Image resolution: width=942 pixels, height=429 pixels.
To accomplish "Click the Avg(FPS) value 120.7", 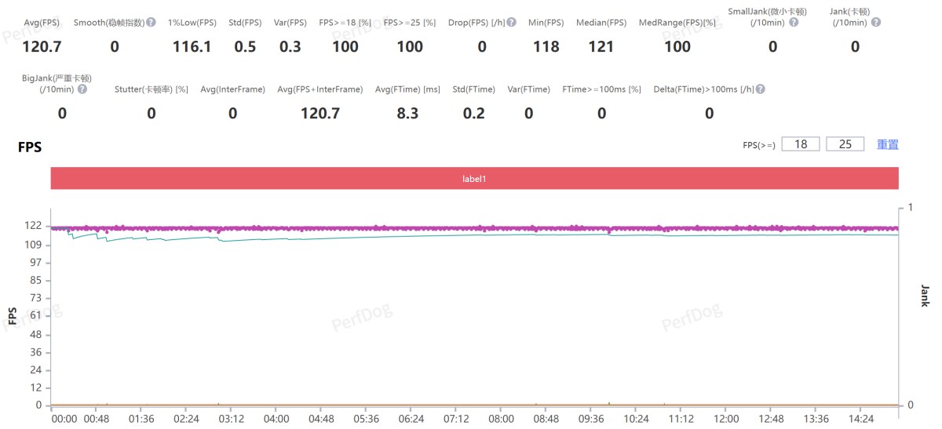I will point(42,47).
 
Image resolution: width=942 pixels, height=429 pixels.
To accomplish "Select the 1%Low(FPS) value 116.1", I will point(192,47).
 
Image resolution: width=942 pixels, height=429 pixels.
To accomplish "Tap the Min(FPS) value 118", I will point(546,47).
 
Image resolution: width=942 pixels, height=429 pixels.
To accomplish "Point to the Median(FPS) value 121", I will point(601,47).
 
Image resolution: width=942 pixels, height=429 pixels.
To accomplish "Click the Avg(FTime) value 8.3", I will point(407,114).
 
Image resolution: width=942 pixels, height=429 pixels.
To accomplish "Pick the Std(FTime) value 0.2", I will point(473,114).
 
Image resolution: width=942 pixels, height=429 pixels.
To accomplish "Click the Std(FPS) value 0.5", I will point(245,47).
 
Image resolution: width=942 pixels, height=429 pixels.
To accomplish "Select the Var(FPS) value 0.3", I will point(290,47).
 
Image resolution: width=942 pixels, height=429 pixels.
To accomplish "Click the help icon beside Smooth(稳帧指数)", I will point(151,23).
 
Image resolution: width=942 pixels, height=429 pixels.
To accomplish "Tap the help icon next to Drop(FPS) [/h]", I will point(512,23).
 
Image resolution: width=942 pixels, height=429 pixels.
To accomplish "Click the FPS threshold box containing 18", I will point(801,144).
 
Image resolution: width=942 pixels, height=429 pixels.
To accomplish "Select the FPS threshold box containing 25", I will point(845,144).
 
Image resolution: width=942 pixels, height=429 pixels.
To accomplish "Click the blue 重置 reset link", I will point(888,144).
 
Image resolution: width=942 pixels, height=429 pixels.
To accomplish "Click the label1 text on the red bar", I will point(474,179).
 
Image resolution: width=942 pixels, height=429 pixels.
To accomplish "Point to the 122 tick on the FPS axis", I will point(33,226).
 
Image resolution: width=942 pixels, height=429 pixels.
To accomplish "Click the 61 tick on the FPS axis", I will point(35,315).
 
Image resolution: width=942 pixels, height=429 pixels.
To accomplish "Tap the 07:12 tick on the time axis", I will point(456,420).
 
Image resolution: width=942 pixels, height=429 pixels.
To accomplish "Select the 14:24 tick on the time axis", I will point(860,420).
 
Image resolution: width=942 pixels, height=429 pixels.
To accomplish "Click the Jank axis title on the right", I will point(924,296).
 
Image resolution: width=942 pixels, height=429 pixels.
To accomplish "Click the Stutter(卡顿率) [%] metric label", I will point(151,89).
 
